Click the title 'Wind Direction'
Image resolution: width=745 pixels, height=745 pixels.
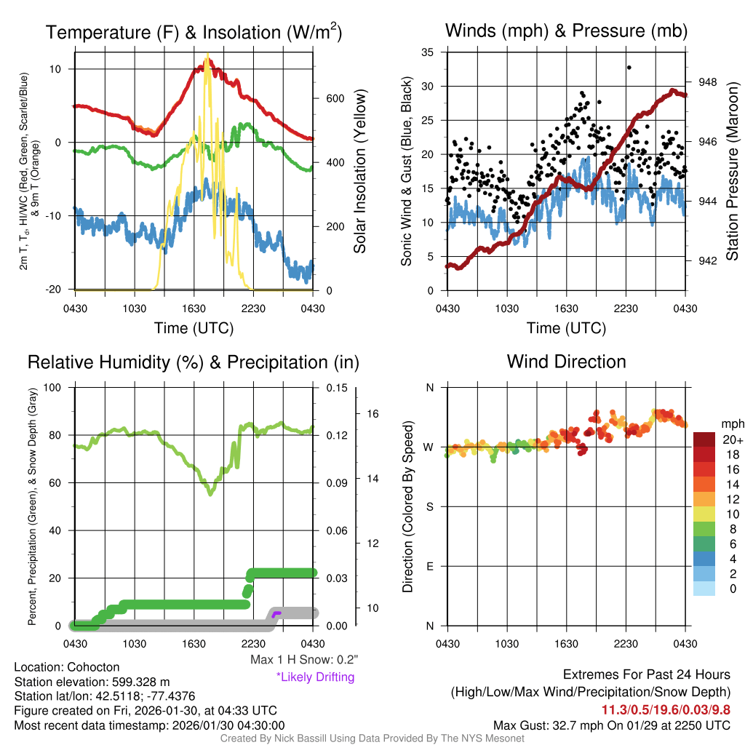[566, 362]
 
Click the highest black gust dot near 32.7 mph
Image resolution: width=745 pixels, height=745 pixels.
[629, 67]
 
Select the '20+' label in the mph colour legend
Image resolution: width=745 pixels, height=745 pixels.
[732, 440]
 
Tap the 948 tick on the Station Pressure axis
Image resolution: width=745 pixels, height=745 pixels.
[707, 82]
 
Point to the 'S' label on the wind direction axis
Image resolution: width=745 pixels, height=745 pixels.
[429, 506]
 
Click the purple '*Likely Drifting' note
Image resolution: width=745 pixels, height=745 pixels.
[315, 677]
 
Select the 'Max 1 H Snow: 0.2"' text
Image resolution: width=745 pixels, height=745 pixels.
[304, 659]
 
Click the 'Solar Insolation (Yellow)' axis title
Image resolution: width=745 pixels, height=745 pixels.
[359, 172]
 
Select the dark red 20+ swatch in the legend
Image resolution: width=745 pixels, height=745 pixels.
[705, 439]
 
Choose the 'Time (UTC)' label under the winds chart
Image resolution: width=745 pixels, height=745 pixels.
[566, 328]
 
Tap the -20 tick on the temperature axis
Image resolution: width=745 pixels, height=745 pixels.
[60, 290]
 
